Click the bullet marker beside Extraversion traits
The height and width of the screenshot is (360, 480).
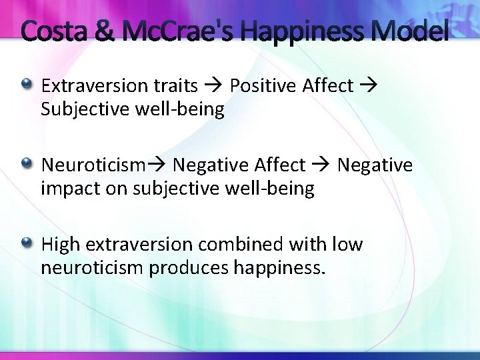[x=26, y=84]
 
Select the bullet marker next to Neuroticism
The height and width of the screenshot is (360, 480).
[x=26, y=163]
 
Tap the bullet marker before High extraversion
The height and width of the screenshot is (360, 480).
[x=26, y=243]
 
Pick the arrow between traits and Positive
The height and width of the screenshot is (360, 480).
[x=213, y=86]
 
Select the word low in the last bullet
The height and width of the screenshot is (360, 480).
[x=347, y=245]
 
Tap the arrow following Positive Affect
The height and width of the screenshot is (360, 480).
[x=369, y=86]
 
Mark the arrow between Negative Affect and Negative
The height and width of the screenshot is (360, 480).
[x=321, y=165]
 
